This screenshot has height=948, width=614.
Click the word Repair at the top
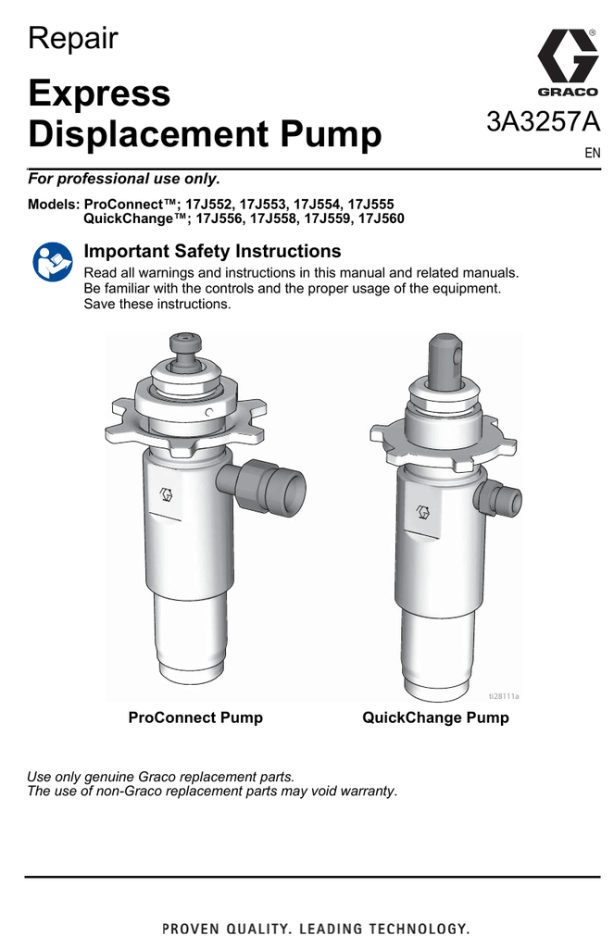72,39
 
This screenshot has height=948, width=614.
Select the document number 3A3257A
544,122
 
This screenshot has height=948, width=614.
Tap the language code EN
592,153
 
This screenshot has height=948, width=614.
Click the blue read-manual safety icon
53,262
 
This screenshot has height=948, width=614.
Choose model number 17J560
382,218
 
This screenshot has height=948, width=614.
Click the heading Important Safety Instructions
212,251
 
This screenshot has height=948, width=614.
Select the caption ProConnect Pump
195,717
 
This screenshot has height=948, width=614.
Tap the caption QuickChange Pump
435,717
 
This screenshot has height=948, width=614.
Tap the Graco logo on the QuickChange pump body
424,512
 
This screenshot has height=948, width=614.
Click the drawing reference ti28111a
504,696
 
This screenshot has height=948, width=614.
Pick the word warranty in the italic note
367,791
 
